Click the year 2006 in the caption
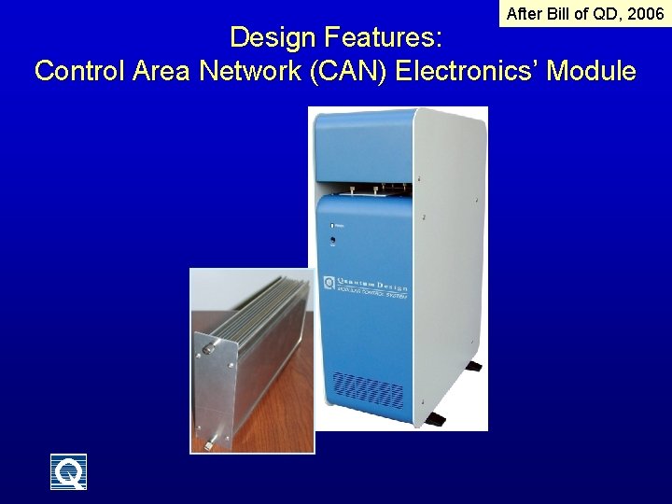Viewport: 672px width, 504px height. tap(646, 14)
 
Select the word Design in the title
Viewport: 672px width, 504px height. tap(274, 38)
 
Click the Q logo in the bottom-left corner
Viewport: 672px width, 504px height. tap(68, 471)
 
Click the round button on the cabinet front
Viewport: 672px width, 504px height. tap(332, 241)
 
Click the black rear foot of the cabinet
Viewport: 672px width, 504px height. tap(474, 366)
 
